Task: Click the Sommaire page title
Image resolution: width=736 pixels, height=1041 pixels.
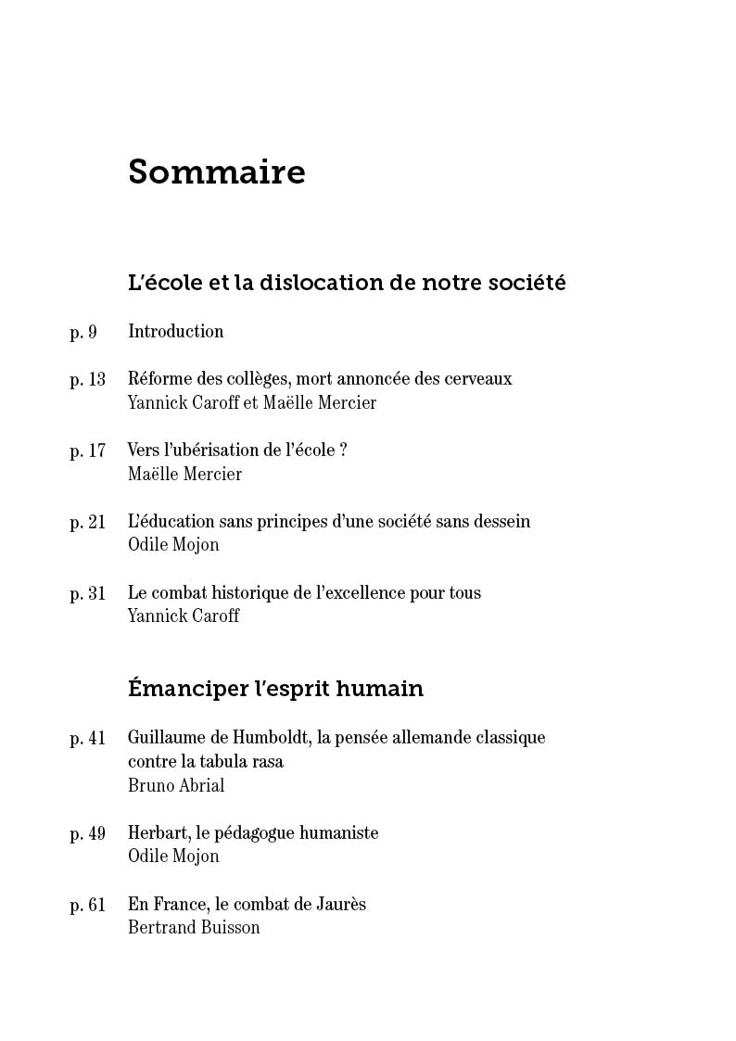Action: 216,172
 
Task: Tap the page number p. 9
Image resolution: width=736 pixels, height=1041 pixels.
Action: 83,332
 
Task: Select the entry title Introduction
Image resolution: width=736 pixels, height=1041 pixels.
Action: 175,332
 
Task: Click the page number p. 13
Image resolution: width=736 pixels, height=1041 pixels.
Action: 88,379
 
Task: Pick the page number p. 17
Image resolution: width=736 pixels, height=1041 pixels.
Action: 88,451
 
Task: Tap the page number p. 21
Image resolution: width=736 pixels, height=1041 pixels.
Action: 88,522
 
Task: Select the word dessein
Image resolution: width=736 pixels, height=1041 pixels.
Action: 501,522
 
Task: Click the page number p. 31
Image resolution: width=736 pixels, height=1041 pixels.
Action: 88,593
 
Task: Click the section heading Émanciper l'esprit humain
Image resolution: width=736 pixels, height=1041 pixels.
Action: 275,689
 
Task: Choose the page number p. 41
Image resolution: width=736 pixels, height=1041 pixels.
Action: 88,738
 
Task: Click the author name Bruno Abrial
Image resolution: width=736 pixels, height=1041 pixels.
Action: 176,786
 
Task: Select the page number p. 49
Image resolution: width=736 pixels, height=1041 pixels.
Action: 88,833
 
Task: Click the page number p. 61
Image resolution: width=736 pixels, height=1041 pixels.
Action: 88,905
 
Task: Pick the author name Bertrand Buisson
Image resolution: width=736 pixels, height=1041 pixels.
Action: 194,928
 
